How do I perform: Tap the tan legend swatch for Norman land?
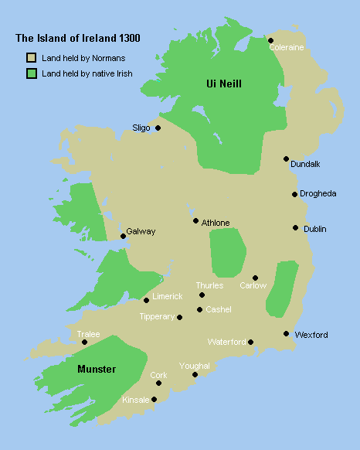pyautogui.click(x=31, y=58)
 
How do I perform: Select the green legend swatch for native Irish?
pyautogui.click(x=31, y=73)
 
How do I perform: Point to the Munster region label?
pyautogui.click(x=97, y=370)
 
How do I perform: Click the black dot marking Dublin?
pyautogui.click(x=295, y=227)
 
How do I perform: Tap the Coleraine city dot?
pyautogui.click(x=270, y=40)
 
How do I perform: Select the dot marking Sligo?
pyautogui.click(x=158, y=128)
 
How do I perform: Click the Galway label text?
pyautogui.click(x=141, y=231)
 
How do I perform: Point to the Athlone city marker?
pyautogui.click(x=196, y=220)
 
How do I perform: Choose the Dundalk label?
pyautogui.click(x=305, y=164)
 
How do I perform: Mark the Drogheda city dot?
pyautogui.click(x=294, y=194)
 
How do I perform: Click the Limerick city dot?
pyautogui.click(x=146, y=300)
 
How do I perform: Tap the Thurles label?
pyautogui.click(x=209, y=285)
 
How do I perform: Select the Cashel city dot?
pyautogui.click(x=199, y=310)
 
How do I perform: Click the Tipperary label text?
pyautogui.click(x=157, y=317)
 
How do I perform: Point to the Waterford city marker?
pyautogui.click(x=250, y=342)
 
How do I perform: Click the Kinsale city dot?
pyautogui.click(x=155, y=399)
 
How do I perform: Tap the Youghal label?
pyautogui.click(x=194, y=365)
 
